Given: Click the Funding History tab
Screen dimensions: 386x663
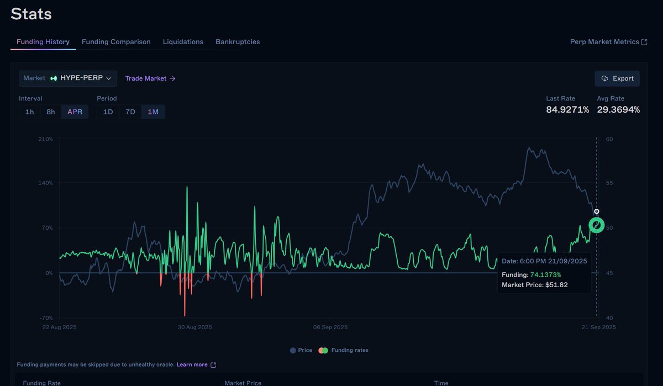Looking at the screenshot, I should (43, 42).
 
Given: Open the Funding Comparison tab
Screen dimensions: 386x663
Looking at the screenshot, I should (116, 42).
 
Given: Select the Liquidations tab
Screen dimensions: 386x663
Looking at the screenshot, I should (183, 42).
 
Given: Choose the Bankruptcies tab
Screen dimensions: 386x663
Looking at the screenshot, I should (238, 42).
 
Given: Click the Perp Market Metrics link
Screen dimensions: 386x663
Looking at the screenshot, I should (608, 42).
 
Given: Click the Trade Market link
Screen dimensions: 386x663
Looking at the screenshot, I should (150, 78).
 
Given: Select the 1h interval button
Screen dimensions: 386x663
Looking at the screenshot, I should (29, 112).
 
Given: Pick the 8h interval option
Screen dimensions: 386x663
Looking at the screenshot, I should (51, 112).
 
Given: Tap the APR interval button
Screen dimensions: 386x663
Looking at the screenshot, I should (75, 112).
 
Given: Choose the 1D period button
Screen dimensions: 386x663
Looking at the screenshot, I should (108, 112).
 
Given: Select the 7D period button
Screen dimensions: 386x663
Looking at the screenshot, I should (130, 112).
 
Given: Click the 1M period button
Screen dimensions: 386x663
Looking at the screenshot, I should (153, 112).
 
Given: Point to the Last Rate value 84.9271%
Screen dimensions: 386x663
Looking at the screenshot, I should (567, 110).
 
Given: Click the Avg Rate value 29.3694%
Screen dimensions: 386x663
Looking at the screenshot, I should (618, 110).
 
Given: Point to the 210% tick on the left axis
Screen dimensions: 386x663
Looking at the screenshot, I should (45, 139).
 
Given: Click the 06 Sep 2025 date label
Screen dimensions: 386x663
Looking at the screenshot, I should (330, 327).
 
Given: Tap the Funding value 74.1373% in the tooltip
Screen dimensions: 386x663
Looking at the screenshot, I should (545, 274).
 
